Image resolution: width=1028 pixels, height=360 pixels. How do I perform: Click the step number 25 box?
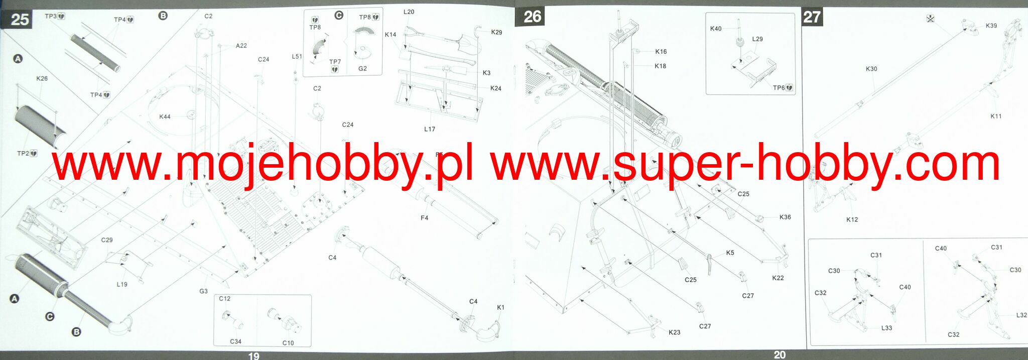pyautogui.click(x=20, y=20)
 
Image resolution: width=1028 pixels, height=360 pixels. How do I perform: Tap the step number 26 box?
pyautogui.click(x=532, y=17)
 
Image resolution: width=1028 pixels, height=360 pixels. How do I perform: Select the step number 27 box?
pyautogui.click(x=812, y=17)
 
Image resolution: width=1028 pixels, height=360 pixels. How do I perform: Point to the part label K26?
pyautogui.click(x=42, y=78)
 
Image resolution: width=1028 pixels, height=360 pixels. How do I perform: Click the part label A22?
pyautogui.click(x=241, y=46)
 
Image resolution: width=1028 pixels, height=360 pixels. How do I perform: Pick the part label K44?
pyautogui.click(x=165, y=116)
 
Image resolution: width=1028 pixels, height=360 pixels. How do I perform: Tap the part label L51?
pyautogui.click(x=297, y=57)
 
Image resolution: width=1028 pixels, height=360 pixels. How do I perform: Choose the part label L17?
pyautogui.click(x=430, y=129)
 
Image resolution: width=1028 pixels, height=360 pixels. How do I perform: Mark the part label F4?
pyautogui.click(x=425, y=218)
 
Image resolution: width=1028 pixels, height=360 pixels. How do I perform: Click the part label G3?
pyautogui.click(x=203, y=291)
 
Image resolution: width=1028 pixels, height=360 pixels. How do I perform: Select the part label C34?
pyautogui.click(x=236, y=341)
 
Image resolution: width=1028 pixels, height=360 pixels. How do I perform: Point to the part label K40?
pyautogui.click(x=716, y=29)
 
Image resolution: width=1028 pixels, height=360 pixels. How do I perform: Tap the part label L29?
pyautogui.click(x=757, y=39)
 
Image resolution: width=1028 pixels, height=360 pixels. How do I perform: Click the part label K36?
pyautogui.click(x=785, y=217)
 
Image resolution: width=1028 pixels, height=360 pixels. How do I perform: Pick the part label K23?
pyautogui.click(x=675, y=332)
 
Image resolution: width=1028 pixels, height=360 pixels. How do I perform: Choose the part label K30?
pyautogui.click(x=871, y=69)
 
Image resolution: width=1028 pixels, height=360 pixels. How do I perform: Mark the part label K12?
pyautogui.click(x=852, y=219)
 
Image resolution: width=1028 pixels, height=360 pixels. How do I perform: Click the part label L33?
pyautogui.click(x=887, y=328)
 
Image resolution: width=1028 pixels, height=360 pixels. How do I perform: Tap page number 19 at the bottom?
pyautogui.click(x=254, y=355)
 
